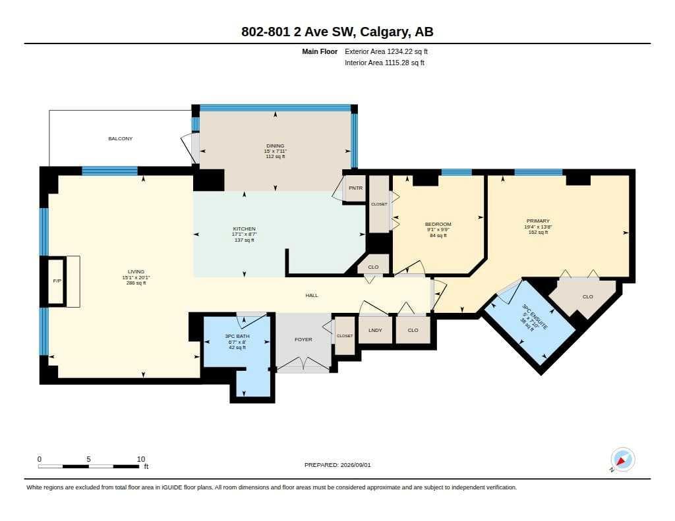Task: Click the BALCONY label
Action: [x=120, y=138]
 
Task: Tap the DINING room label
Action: [x=275, y=146]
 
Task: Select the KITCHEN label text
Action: [x=244, y=229]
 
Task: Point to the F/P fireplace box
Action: [x=57, y=281]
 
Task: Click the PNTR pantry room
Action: [x=355, y=188]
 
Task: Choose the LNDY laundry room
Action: [x=375, y=330]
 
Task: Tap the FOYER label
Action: [x=303, y=339]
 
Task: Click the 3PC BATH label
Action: [x=237, y=336]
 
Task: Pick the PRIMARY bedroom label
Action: [x=538, y=221]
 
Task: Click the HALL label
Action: [x=312, y=295]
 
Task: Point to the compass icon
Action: [x=622, y=460]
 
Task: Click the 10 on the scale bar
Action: [x=141, y=459]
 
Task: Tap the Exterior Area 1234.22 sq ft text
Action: [x=386, y=51]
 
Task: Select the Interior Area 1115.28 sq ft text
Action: [x=384, y=63]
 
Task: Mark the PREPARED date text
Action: [x=337, y=464]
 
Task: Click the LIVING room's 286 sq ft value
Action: [x=136, y=283]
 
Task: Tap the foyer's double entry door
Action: [x=303, y=364]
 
